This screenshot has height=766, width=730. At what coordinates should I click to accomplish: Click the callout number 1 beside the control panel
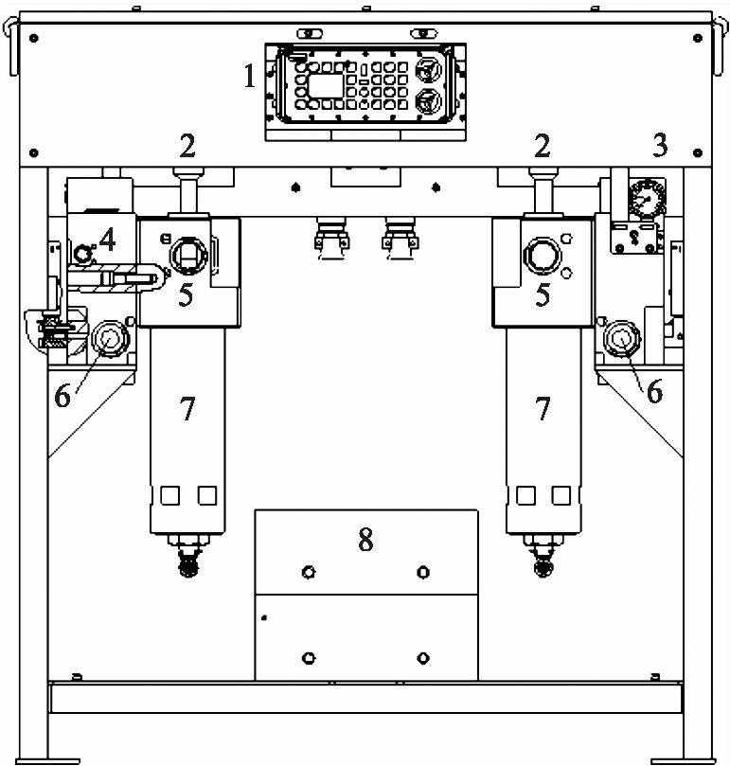pyautogui.click(x=250, y=76)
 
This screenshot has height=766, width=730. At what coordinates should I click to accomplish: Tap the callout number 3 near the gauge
pyautogui.click(x=660, y=145)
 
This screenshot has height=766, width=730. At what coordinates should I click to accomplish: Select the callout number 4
pyautogui.click(x=108, y=240)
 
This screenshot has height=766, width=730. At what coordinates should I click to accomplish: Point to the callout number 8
pyautogui.click(x=365, y=540)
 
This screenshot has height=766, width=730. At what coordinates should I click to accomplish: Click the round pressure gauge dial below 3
pyautogui.click(x=647, y=200)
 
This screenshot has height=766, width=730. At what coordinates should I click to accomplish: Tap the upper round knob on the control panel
pyautogui.click(x=428, y=70)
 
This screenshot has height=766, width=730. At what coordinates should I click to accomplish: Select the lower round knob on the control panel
pyautogui.click(x=428, y=102)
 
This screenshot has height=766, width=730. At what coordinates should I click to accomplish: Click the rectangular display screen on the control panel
pyautogui.click(x=326, y=86)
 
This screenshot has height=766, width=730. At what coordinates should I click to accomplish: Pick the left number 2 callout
pyautogui.click(x=187, y=146)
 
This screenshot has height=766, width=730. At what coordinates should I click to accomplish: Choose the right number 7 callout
pyautogui.click(x=543, y=408)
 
